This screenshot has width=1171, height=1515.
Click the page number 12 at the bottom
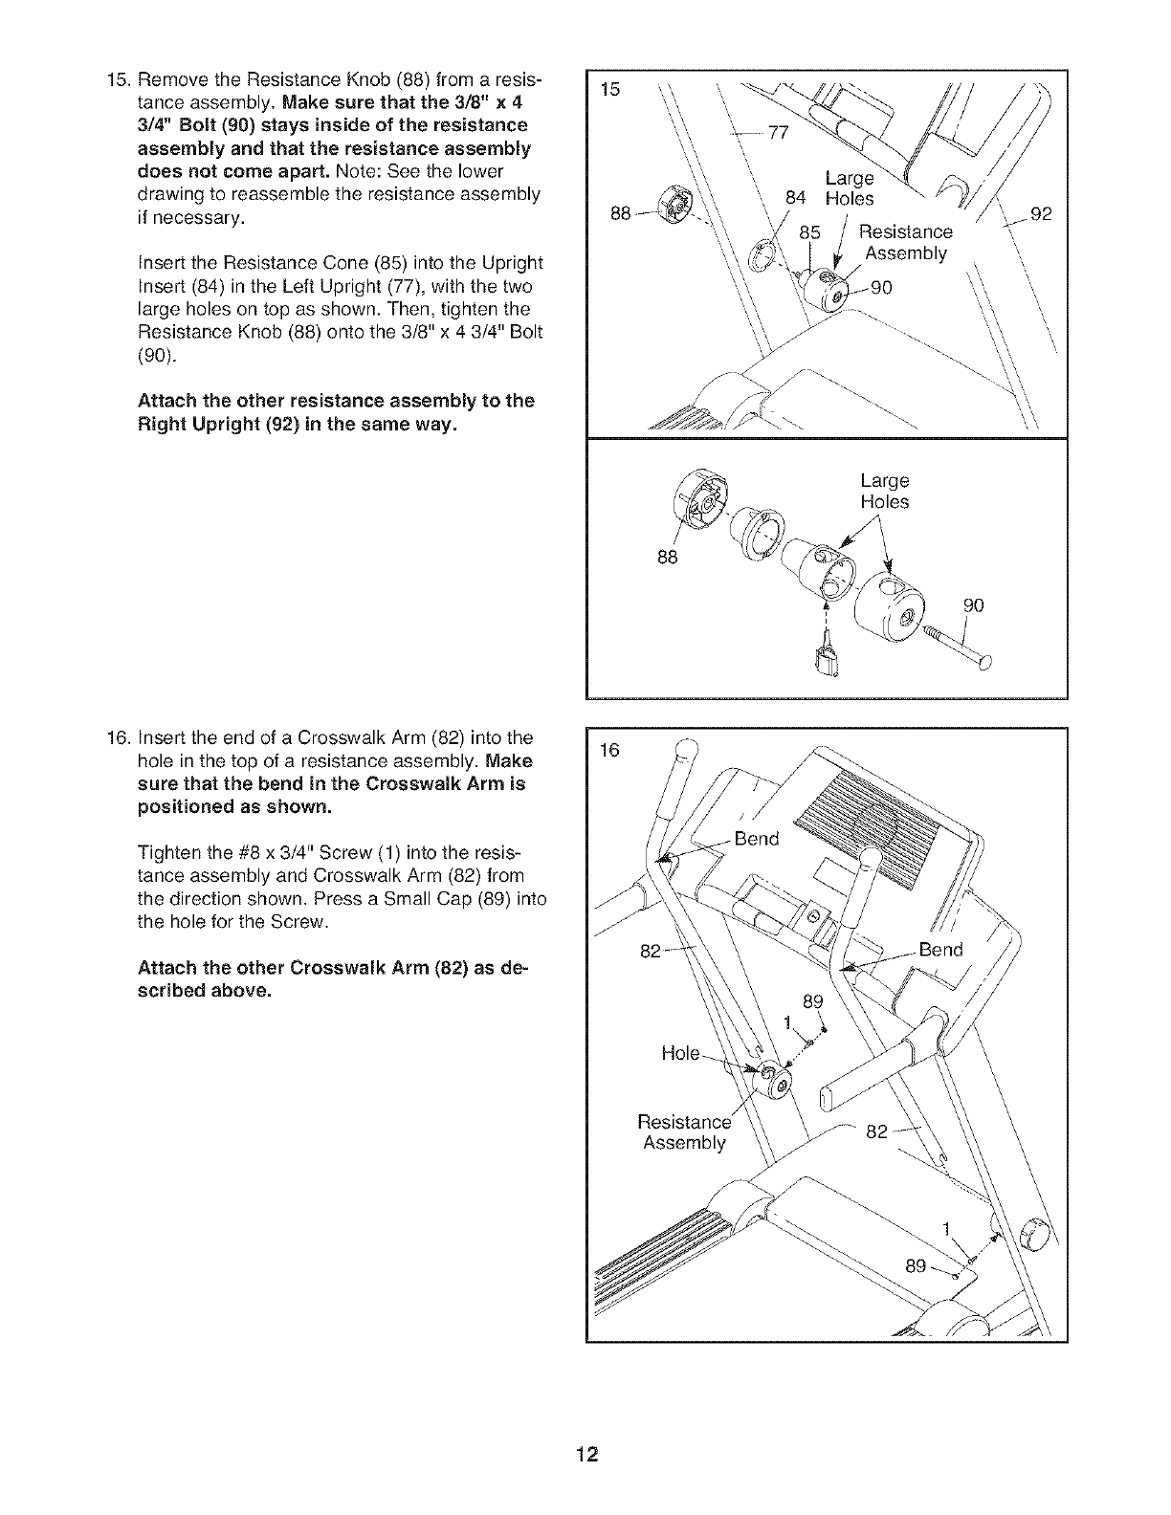point(586,1457)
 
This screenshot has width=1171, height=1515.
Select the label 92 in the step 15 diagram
point(1042,214)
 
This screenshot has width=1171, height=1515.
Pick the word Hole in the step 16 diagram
point(680,1053)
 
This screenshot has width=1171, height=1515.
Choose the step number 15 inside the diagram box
point(609,91)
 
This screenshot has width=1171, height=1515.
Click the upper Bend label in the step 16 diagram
point(757,840)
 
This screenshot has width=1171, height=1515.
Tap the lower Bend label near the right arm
point(940,950)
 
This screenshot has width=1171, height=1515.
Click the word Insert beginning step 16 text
point(163,737)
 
